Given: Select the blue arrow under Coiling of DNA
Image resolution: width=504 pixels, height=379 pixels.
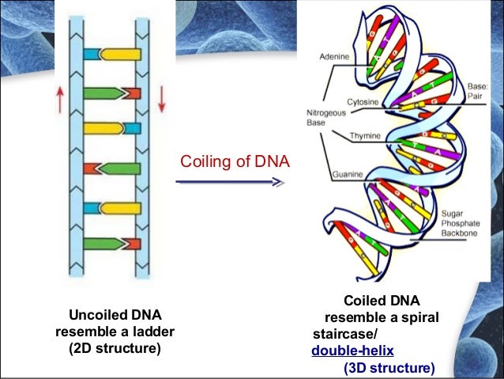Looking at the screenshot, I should coord(230,183).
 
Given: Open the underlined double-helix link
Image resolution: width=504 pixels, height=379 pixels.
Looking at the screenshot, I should coord(352,351).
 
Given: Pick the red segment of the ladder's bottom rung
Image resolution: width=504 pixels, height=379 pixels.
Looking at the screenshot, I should coord(132,244).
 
